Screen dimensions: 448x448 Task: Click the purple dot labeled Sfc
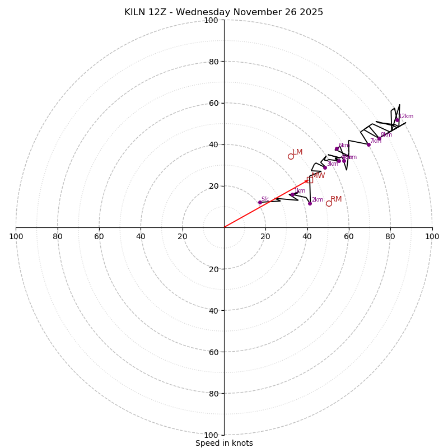260,202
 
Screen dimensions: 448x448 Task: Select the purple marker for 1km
292,194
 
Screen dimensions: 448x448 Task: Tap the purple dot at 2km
310,203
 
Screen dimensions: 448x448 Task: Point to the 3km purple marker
325,167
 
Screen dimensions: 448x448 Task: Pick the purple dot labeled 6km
337,149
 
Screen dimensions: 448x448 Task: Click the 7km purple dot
368,144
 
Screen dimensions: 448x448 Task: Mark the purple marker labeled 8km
379,138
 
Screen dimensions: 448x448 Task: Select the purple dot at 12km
397,120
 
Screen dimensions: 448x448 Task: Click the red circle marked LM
291,156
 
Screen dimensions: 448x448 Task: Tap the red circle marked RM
329,203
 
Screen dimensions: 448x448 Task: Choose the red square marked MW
310,180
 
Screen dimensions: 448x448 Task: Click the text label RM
336,199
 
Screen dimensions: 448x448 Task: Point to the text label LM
297,152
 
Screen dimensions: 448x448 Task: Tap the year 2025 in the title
310,12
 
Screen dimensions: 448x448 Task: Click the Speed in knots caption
224,443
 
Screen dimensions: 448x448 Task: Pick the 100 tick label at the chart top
211,20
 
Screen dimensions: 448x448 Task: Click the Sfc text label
265,199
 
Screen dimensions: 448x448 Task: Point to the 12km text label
406,116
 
